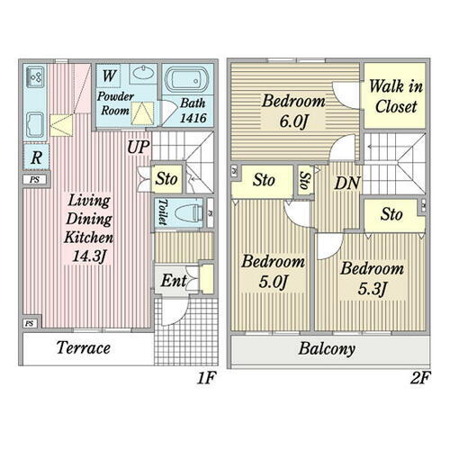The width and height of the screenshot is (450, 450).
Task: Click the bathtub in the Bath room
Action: tap(186, 80)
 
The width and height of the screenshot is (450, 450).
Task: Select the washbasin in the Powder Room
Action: tap(143, 73)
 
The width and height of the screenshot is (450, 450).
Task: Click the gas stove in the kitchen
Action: tap(35, 76)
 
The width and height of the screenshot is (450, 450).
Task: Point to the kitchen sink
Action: tap(35, 124)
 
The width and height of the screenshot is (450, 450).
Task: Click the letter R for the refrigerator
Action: tap(36, 157)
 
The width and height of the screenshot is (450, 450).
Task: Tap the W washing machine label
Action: tap(109, 76)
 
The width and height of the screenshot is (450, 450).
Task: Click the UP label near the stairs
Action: tap(138, 147)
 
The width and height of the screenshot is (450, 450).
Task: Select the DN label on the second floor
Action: tap(347, 183)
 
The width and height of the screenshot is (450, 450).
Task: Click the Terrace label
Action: tap(84, 347)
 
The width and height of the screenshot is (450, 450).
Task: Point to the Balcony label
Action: tap(327, 349)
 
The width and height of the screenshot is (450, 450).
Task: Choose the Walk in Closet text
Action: tap(396, 96)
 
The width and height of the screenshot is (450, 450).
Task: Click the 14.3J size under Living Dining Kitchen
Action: tap(89, 256)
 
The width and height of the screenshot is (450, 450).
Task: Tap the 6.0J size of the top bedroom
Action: tap(293, 121)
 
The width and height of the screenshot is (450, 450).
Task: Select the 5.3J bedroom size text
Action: tap(372, 288)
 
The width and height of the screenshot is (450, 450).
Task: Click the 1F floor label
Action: tap(207, 378)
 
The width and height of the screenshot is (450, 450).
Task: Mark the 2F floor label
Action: tap(420, 378)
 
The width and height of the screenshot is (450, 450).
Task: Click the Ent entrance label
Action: tap(174, 281)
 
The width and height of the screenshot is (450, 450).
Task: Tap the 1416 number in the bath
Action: tap(193, 118)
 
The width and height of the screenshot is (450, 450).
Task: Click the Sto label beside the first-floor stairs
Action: tap(166, 179)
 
